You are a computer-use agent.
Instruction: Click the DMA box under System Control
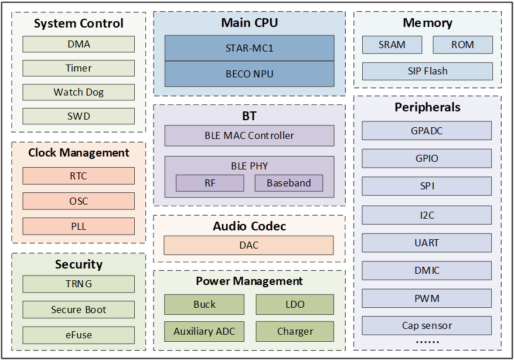79,44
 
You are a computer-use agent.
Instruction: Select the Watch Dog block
79,92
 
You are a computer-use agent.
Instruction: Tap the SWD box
79,116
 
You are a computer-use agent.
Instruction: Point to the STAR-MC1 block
250,48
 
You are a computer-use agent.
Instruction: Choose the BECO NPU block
250,74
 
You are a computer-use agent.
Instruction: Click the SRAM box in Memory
392,45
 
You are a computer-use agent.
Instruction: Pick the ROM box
462,45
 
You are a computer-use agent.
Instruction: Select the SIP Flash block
427,71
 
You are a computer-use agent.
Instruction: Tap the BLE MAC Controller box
250,135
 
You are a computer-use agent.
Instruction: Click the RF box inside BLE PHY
210,183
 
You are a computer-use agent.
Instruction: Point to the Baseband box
289,183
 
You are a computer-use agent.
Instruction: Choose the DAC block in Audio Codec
249,245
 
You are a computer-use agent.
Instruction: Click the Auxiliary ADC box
204,331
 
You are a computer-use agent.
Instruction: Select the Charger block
295,331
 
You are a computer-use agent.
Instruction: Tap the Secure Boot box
79,310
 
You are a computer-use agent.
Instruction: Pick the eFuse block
79,335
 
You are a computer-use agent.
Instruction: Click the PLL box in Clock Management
79,226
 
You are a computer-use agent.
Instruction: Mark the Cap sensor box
427,325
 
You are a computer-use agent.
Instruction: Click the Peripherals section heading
427,107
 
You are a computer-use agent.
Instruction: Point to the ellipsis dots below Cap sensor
427,342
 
